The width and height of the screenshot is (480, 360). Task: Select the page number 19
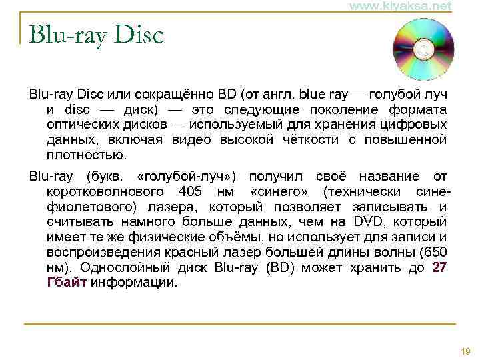tap(465, 351)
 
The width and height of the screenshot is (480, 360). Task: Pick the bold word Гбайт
tap(67, 282)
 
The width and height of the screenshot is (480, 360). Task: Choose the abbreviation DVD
tap(369, 222)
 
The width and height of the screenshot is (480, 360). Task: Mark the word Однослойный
tap(119, 268)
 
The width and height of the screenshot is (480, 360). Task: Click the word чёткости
tap(312, 139)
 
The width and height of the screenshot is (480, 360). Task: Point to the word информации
tap(134, 282)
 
